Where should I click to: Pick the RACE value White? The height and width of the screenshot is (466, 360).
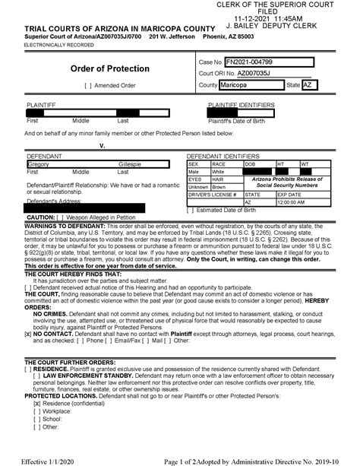click(x=219, y=172)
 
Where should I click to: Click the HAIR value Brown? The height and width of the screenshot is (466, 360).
click(x=219, y=186)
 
